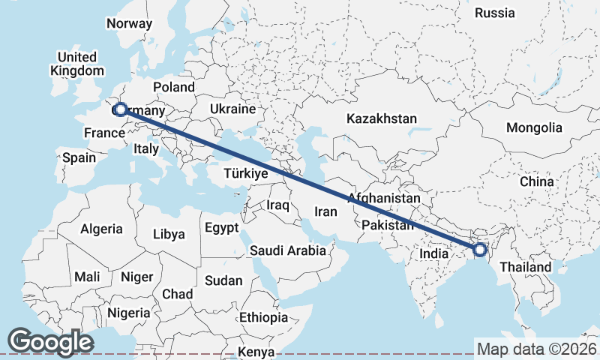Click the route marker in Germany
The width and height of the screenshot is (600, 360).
point(120,109)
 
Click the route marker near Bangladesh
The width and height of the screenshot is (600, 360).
point(480,250)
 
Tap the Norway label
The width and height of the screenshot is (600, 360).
point(129,23)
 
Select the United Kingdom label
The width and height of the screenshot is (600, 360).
point(77,64)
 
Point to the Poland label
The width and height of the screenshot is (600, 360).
point(173,87)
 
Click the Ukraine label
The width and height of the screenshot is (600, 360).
point(232,109)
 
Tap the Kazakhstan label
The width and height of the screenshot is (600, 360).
point(381,118)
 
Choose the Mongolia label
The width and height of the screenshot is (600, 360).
point(533,127)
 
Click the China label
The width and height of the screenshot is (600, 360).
point(536,181)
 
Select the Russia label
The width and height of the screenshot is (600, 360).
point(495,13)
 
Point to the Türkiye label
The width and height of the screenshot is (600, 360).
point(245,174)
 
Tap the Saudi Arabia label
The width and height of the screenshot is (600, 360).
point(288,250)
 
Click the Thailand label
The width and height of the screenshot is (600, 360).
point(525,267)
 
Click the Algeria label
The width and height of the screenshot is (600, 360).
point(101,229)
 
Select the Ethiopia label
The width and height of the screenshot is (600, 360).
point(263,317)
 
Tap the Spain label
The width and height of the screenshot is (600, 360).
point(79,157)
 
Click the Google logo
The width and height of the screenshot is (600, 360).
point(50,342)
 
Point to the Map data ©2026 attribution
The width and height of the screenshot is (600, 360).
point(536,349)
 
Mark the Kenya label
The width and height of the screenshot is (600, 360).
point(256,352)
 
